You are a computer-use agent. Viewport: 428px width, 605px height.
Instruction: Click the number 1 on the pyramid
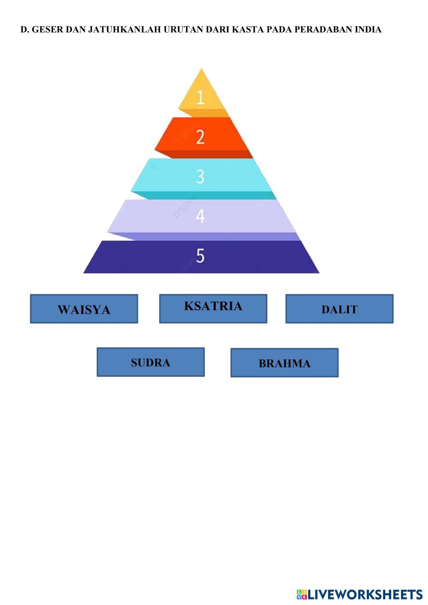(200, 98)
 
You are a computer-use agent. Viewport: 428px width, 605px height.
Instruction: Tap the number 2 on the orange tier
(200, 137)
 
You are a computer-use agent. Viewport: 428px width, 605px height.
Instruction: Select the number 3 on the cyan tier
(200, 176)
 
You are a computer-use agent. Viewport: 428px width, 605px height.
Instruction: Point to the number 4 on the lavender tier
(200, 216)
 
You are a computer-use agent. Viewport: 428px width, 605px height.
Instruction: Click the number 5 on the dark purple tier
(200, 256)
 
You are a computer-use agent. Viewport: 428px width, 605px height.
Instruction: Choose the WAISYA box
(84, 309)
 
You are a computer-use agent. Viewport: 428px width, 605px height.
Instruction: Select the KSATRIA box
(213, 308)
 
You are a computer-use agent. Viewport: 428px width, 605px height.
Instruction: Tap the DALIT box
(339, 309)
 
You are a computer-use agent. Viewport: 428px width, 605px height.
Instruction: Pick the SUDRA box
(151, 362)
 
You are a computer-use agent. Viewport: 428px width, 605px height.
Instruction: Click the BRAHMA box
(285, 363)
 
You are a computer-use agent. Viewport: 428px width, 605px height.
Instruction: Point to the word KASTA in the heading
(248, 30)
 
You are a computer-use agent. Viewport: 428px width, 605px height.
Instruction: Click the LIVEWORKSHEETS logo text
(365, 594)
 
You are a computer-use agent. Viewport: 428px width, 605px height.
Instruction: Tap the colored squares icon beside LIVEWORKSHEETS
(302, 595)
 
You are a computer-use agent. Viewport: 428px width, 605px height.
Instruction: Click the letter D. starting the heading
(24, 30)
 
